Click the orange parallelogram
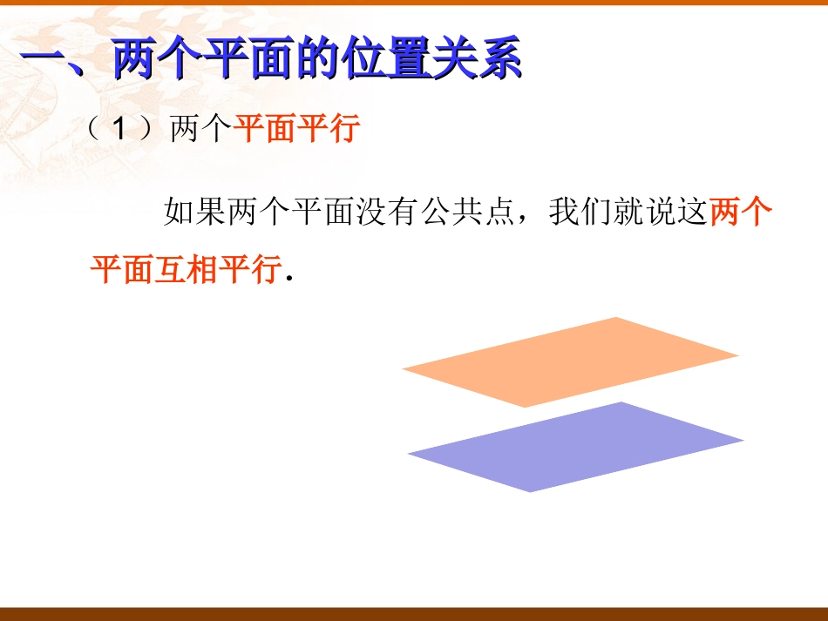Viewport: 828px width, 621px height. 571,362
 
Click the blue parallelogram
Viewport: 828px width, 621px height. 576,447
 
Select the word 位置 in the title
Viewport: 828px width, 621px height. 387,63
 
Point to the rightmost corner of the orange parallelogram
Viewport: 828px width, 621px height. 736,355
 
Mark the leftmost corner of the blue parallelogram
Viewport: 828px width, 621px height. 410,455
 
